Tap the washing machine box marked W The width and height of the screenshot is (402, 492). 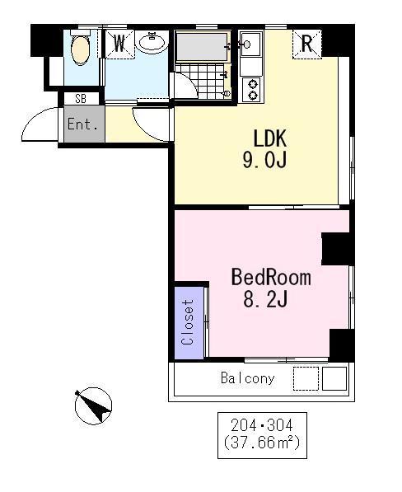[119, 44]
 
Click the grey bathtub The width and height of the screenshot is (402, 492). [202, 47]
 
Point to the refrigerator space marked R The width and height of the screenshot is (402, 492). [307, 44]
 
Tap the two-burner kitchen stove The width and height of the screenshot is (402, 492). [252, 90]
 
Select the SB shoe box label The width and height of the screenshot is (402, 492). [81, 99]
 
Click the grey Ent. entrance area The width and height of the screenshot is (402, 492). [84, 124]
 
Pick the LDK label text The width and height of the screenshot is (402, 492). [269, 138]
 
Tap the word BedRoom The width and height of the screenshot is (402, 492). [271, 277]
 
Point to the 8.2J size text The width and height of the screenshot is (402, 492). [265, 298]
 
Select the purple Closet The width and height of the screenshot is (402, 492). [189, 322]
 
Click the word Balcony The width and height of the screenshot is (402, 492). [248, 378]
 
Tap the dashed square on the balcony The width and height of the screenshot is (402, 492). [306, 379]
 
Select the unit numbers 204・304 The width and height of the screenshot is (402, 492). [262, 426]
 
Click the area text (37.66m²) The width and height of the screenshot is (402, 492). [262, 443]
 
